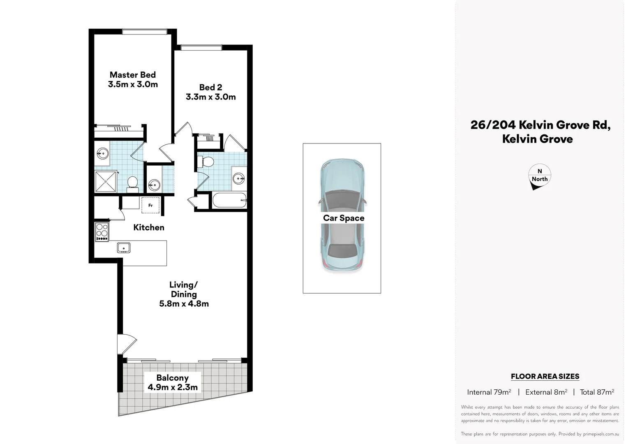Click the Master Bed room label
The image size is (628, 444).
(x=132, y=75)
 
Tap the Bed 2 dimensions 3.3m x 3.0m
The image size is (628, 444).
(x=210, y=97)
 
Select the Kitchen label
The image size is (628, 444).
(x=149, y=227)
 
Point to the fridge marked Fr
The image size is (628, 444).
(x=150, y=205)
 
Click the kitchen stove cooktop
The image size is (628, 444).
(x=102, y=232)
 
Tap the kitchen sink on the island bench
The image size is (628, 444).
(x=124, y=248)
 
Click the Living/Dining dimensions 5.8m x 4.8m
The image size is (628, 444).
(x=184, y=304)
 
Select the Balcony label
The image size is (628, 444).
(x=172, y=378)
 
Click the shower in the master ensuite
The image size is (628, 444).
(x=106, y=181)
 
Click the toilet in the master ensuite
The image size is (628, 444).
(x=132, y=183)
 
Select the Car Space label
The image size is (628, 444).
(x=344, y=218)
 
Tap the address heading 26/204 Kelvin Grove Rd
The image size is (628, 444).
(x=540, y=125)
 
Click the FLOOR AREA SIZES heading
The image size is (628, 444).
(x=545, y=376)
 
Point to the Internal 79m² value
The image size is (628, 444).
(x=489, y=392)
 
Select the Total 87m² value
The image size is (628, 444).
(x=597, y=392)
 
